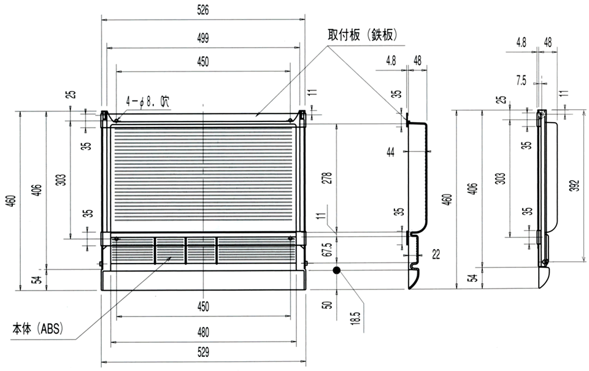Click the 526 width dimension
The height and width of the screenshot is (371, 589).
tap(203, 10)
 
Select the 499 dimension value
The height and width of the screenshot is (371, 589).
tap(203, 37)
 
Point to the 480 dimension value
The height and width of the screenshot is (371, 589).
tap(203, 332)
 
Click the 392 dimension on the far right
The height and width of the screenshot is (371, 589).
tap(573, 186)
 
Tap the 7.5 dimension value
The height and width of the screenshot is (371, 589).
tap(521, 80)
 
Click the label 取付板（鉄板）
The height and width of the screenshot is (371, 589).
tap(363, 36)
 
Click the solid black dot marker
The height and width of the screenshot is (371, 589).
tap(336, 270)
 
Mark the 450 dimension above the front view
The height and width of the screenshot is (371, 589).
tap(203, 61)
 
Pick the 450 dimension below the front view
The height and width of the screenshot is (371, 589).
tap(203, 306)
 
